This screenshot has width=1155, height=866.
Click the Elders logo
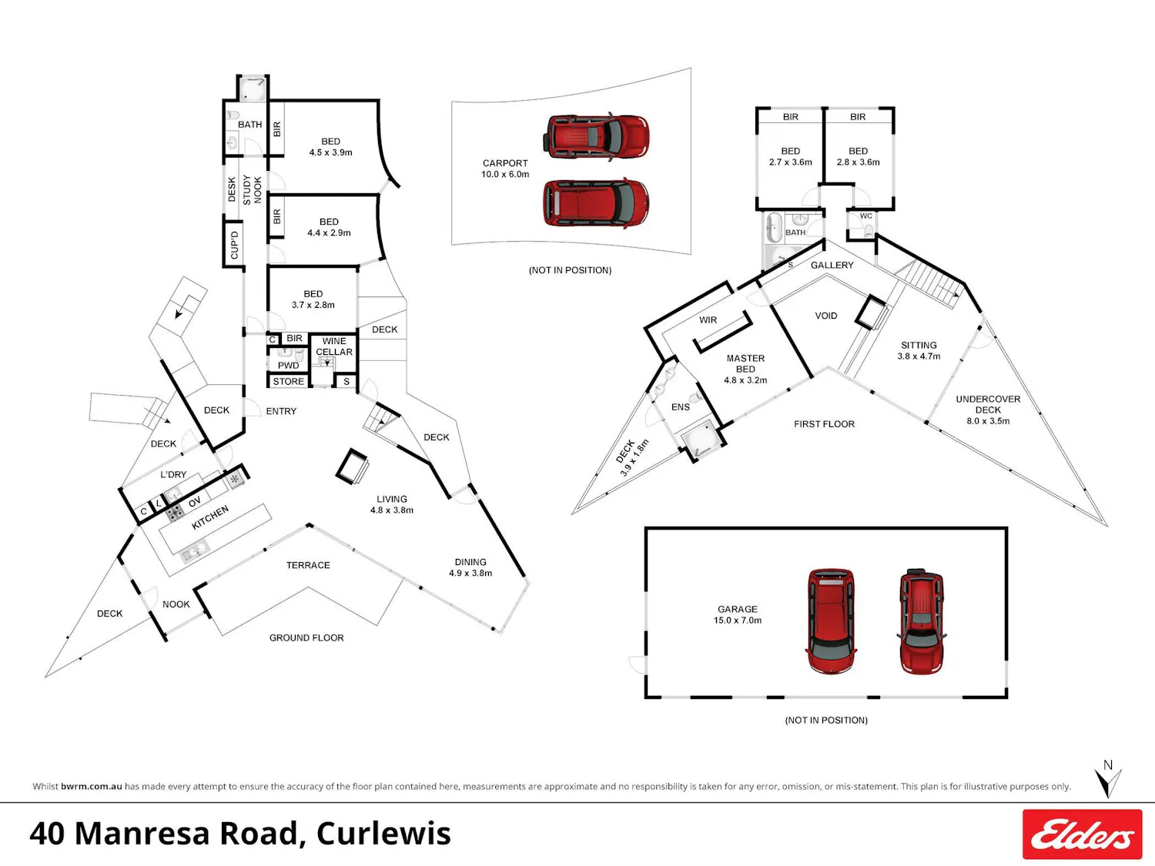[x=1082, y=834]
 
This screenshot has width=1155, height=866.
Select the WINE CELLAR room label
[x=334, y=346]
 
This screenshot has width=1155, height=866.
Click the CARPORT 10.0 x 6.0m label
[x=505, y=169]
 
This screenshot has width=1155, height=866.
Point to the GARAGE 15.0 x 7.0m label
[x=738, y=614]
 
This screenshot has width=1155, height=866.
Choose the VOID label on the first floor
[x=826, y=316]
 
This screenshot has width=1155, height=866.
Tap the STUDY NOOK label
[x=253, y=190]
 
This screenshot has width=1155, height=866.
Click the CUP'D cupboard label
[x=235, y=245]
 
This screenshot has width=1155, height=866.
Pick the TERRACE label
[x=308, y=565]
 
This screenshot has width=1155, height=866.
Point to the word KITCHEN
[x=210, y=517]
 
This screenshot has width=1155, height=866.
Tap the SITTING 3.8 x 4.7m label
[x=919, y=351]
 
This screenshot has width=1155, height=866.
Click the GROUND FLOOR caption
[x=306, y=638]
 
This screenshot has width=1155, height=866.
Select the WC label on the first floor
[x=866, y=216]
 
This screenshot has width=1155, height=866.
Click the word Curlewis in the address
[x=383, y=834]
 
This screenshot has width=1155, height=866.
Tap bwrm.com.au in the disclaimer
[x=92, y=787]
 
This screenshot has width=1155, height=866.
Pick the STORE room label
[x=288, y=381]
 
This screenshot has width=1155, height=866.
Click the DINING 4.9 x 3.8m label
[x=470, y=567]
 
